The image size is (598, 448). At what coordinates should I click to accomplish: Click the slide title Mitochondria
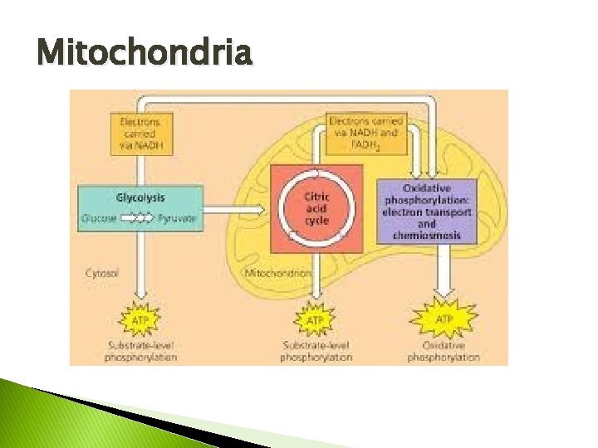[x=144, y=54]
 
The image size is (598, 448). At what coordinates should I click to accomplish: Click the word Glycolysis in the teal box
[x=140, y=197]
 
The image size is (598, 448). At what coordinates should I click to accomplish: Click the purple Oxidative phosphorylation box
[x=427, y=210]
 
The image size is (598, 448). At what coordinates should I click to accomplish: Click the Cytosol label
[x=102, y=272]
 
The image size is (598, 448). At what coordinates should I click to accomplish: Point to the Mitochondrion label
[x=278, y=272]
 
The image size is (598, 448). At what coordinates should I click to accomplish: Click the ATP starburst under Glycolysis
[x=140, y=319]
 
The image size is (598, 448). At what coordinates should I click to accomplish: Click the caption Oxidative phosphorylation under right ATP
[x=444, y=351]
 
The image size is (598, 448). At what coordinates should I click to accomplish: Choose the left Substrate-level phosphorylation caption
[x=140, y=351]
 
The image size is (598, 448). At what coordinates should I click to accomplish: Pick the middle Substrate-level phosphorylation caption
[x=316, y=351]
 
